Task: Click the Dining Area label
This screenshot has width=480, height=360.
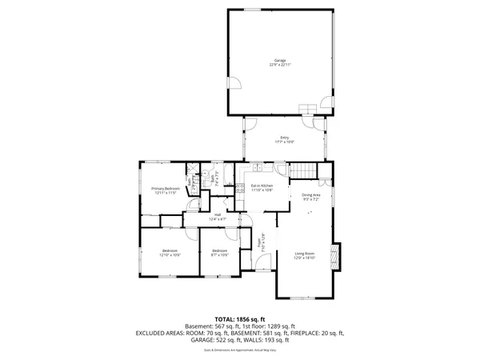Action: pos(311,197)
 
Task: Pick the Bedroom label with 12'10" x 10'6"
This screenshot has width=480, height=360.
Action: pos(170,253)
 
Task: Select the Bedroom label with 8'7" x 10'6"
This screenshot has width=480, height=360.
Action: pos(220,253)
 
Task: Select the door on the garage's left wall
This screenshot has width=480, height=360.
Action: pos(234,83)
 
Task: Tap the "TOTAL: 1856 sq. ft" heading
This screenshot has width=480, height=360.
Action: pos(239,318)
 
